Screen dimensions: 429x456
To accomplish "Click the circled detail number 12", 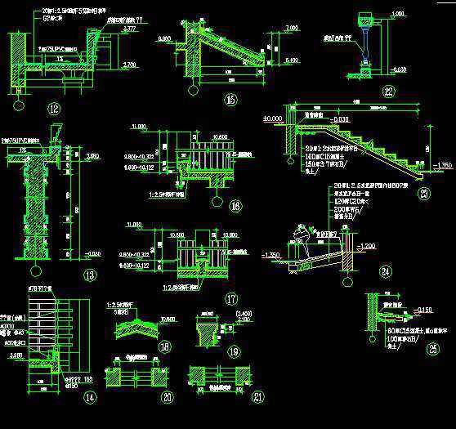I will pos(55,108).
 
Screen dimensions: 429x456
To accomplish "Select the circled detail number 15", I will pos(230,101).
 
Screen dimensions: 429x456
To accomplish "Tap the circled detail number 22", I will pos(388,92).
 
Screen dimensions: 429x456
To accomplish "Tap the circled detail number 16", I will pos(235,207).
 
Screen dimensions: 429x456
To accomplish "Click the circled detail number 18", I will pos(167,346).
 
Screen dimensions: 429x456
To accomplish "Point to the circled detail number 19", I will pos(235,352).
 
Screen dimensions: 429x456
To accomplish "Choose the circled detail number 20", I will pos(168,398).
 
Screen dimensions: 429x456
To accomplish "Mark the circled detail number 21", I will pos(237,398).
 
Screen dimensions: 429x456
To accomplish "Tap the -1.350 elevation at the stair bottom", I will pos(442,166).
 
